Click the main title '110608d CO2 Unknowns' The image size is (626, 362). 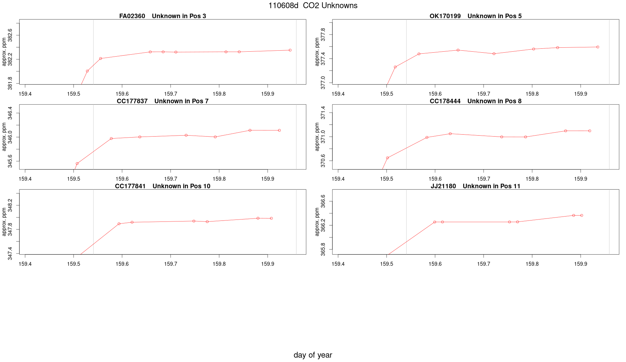(313, 6)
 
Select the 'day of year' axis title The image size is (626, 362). (313, 355)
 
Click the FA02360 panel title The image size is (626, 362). (162, 16)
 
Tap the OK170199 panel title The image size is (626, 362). (475, 16)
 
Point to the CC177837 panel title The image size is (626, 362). (162, 101)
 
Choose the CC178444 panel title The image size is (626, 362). (475, 101)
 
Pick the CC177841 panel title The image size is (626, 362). (162, 186)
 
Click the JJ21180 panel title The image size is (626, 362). (475, 186)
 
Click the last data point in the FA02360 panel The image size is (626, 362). (290, 50)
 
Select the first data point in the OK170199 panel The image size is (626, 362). (395, 67)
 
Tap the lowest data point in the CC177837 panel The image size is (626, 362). (77, 164)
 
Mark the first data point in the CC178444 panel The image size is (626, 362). (387, 158)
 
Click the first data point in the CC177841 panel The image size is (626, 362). (119, 224)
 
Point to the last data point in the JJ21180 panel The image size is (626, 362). (582, 215)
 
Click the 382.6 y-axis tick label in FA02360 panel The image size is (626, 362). (10, 35)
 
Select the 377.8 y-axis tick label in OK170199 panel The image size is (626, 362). (323, 35)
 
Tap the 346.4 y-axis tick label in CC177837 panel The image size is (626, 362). (10, 113)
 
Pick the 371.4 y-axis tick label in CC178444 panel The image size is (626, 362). (323, 113)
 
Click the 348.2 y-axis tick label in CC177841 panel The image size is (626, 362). (10, 205)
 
